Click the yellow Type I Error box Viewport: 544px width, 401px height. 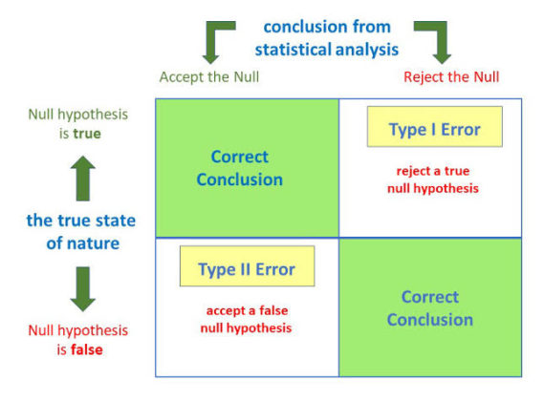pyautogui.click(x=434, y=128)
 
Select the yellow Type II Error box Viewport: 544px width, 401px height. pyautogui.click(x=247, y=268)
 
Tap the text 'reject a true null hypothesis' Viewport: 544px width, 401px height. pyautogui.click(x=433, y=179)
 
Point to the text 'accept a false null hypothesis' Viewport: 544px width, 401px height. pyautogui.click(x=247, y=319)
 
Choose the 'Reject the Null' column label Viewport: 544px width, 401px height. pyautogui.click(x=451, y=76)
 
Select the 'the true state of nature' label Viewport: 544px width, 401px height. pyautogui.click(x=81, y=232)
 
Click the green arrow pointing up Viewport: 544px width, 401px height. pyautogui.click(x=83, y=178)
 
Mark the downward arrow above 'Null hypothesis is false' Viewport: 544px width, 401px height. pyautogui.click(x=83, y=288)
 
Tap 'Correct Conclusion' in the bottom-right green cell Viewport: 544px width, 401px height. pyautogui.click(x=429, y=307)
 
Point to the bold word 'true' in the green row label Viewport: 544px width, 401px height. pyautogui.click(x=87, y=134)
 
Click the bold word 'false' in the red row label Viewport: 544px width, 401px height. pyautogui.click(x=87, y=349)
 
